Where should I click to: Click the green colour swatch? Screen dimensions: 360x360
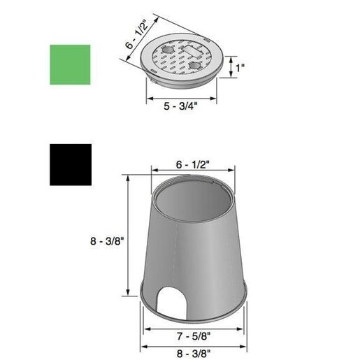[x=70, y=64]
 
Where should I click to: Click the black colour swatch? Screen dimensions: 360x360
[x=71, y=165]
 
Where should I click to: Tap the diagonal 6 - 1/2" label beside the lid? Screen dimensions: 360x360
[x=137, y=34]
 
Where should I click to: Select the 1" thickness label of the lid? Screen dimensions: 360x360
[x=240, y=68]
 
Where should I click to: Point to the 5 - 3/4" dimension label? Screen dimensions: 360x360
[x=180, y=106]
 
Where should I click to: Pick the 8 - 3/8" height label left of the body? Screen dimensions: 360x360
[x=107, y=240]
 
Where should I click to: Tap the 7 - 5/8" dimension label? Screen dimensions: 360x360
[x=194, y=336]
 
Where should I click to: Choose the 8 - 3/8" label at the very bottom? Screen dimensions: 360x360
[x=194, y=354]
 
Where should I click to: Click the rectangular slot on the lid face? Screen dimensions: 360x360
[x=193, y=51]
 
